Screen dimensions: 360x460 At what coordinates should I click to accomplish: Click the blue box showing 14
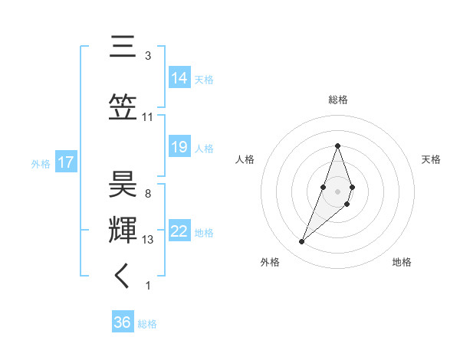pyautogui.click(x=179, y=77)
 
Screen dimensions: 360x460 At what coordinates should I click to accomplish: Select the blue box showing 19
pyautogui.click(x=179, y=147)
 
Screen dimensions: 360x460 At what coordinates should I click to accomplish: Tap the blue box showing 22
pyautogui.click(x=179, y=231)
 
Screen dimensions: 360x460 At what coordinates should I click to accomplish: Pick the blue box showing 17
pyautogui.click(x=65, y=162)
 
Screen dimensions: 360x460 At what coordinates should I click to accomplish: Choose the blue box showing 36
pyautogui.click(x=123, y=322)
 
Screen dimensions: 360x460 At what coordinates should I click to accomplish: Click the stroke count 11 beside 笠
pyautogui.click(x=147, y=116)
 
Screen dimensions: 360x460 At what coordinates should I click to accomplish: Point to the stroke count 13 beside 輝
pyautogui.click(x=149, y=240)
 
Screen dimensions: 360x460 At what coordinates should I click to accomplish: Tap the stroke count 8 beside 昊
pyautogui.click(x=148, y=194)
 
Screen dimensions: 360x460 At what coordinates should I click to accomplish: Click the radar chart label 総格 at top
pyautogui.click(x=337, y=100)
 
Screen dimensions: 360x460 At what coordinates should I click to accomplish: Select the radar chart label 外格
pyautogui.click(x=270, y=262)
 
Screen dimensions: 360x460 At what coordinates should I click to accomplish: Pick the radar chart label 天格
pyautogui.click(x=431, y=159)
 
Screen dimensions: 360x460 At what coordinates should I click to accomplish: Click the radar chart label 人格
pyautogui.click(x=245, y=159)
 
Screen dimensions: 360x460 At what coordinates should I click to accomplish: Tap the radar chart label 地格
pyautogui.click(x=402, y=262)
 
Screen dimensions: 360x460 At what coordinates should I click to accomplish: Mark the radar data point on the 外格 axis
pyautogui.click(x=301, y=242)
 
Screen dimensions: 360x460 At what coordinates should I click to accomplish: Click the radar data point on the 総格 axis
pyautogui.click(x=337, y=146)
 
